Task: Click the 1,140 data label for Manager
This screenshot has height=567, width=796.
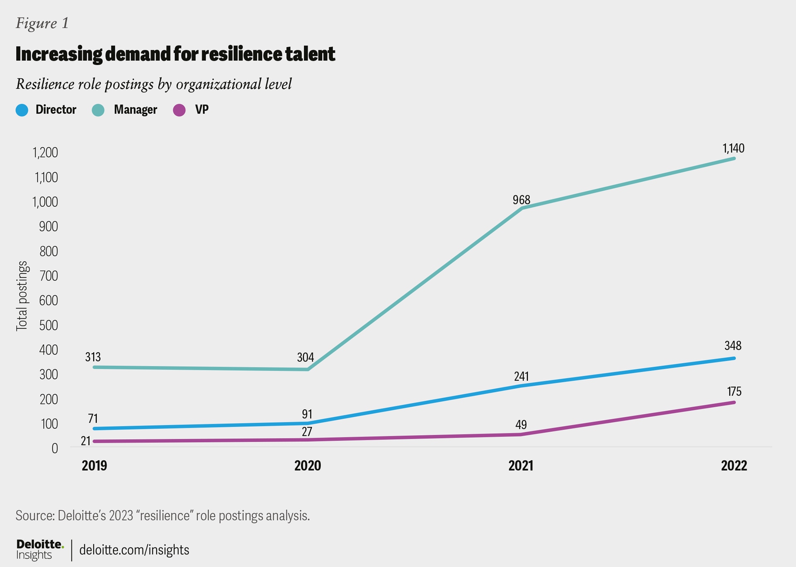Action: point(733,148)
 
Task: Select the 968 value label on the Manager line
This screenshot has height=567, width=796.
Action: point(521,200)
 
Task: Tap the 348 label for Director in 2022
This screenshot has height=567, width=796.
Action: point(733,346)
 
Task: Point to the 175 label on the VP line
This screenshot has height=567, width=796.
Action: point(734,391)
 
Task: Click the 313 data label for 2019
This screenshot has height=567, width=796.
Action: point(93,357)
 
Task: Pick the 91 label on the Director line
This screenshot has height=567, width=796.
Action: point(307,414)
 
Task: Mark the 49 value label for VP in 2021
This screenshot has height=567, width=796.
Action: point(521,424)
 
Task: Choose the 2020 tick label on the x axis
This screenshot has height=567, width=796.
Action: point(307,465)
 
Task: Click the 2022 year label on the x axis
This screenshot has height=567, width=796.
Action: point(733,465)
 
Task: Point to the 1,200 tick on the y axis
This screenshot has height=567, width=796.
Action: point(46,153)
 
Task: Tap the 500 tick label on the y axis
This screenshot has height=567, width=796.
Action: point(49,325)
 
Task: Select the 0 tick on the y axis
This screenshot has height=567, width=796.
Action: point(55,448)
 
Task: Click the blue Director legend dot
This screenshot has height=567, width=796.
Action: point(22,110)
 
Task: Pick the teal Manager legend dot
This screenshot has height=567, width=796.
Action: point(98,110)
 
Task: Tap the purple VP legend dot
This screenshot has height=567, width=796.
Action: point(179,110)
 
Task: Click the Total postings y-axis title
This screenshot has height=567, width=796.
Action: point(22,296)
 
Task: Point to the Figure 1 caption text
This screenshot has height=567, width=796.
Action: point(42,23)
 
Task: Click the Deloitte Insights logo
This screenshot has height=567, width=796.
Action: point(40,550)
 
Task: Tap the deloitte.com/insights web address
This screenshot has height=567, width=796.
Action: point(134,550)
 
